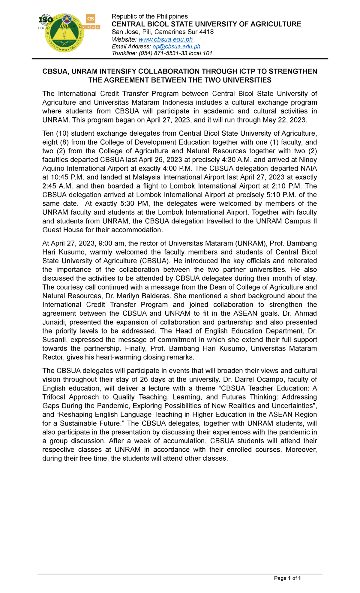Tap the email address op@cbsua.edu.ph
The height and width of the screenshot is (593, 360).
[176, 46]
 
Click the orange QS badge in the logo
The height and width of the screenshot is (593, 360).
[91, 19]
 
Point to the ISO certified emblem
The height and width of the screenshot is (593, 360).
[46, 21]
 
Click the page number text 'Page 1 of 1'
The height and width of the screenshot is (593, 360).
[287, 578]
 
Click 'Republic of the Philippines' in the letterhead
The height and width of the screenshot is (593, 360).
[149, 16]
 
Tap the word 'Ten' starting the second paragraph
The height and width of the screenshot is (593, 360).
[48, 133]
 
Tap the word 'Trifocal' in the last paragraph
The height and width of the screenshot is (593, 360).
[56, 397]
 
